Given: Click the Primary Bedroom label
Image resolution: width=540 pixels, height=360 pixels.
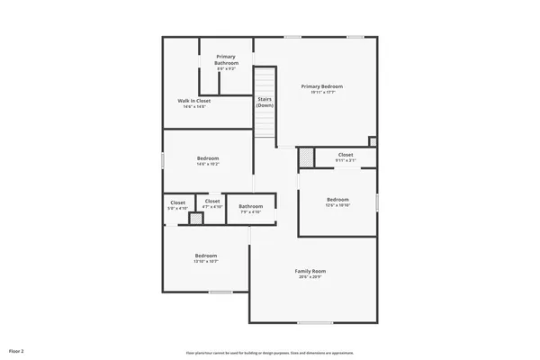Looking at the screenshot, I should pos(321,86).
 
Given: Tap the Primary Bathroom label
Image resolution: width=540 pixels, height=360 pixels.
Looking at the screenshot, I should pos(226,60).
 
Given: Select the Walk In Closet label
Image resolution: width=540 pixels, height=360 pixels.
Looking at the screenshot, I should pos(194,101).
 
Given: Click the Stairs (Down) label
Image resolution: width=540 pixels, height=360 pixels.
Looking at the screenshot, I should pos(265,102).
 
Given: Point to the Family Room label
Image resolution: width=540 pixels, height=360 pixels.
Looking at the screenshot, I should pos(310,271).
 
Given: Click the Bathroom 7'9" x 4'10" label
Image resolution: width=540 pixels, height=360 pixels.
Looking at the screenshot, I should pos(250,207).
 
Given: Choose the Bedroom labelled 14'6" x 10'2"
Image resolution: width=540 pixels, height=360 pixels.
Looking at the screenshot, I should pos(208,158).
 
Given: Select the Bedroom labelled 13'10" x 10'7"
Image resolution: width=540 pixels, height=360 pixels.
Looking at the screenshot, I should pos(206,256).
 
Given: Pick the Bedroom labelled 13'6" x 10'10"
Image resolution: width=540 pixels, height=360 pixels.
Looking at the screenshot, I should pos(337,200).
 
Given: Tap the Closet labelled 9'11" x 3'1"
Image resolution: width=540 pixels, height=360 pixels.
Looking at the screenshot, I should pos(346,155).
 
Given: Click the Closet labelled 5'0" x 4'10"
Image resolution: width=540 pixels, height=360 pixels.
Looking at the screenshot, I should pos(178,203).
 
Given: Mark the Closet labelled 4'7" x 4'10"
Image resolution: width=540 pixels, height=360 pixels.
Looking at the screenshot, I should pos(212,202).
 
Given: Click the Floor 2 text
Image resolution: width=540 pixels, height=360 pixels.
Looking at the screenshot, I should pos(16,349).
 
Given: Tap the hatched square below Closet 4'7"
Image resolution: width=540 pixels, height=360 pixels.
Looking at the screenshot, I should pos(196,219).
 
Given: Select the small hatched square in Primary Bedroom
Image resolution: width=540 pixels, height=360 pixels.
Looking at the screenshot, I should pos(373,140).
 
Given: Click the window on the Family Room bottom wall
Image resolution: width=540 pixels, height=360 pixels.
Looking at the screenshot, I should pos(316,322).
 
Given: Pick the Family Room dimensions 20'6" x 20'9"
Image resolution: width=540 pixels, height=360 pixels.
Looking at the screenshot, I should pos(310,276).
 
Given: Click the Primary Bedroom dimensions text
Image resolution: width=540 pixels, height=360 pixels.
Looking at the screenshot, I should pos(321,92).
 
